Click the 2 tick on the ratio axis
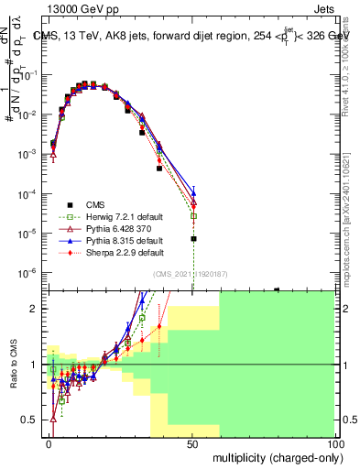(x=38, y=309)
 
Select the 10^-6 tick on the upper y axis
(x=29, y=273)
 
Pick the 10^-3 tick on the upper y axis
(x=29, y=155)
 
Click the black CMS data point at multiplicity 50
(x=193, y=239)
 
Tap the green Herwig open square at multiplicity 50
(x=193, y=216)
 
